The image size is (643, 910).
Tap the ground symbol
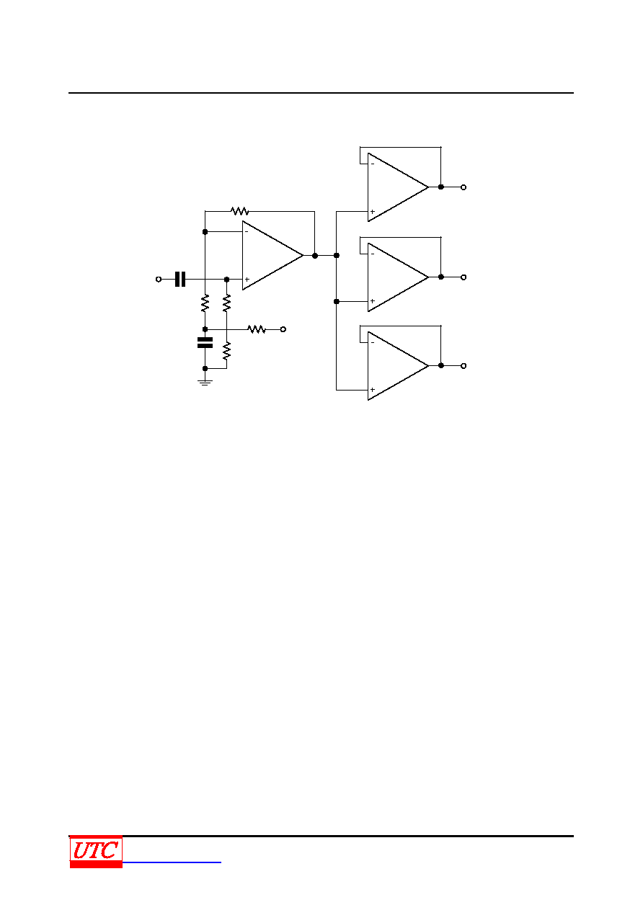[x=205, y=383]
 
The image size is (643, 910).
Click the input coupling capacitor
[x=180, y=279]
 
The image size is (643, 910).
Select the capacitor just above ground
[x=205, y=342]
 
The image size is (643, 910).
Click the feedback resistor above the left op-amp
[x=239, y=211]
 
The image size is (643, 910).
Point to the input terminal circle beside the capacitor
[x=159, y=279]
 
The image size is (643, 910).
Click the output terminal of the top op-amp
[x=464, y=187]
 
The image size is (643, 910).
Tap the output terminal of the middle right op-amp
[x=464, y=277]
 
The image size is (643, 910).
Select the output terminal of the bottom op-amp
[x=464, y=365]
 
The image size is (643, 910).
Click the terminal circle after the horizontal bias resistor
[x=283, y=329]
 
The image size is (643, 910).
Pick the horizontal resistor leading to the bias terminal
[x=257, y=329]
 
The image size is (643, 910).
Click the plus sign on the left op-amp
[x=247, y=280]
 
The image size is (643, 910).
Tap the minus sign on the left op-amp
[x=247, y=231]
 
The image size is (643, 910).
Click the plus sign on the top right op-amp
[x=372, y=212]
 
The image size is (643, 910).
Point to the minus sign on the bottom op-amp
[x=372, y=342]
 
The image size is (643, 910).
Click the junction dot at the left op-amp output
[x=314, y=256]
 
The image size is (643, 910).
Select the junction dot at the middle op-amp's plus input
[x=336, y=301]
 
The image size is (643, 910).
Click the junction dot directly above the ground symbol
[x=205, y=368]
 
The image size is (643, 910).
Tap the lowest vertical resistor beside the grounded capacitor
[x=227, y=351]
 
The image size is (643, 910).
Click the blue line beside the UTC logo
[x=172, y=862]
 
